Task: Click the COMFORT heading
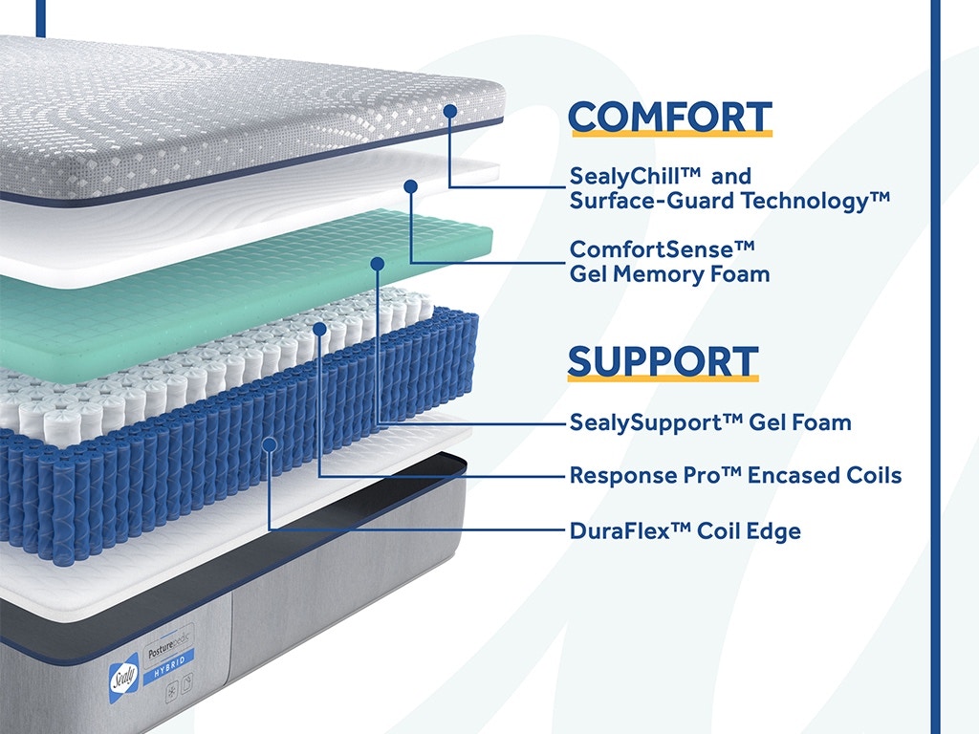(x=670, y=118)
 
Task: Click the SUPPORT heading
(x=664, y=362)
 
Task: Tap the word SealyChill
(x=635, y=177)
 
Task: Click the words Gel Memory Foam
(x=669, y=274)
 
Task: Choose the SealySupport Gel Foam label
(x=710, y=422)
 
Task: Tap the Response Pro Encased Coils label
(x=735, y=476)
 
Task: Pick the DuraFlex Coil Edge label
(x=685, y=531)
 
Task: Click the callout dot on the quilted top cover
(x=450, y=111)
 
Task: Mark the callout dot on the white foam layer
(x=410, y=186)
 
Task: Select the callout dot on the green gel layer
(x=377, y=264)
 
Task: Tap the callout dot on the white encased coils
(x=319, y=329)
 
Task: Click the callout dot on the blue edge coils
(x=270, y=444)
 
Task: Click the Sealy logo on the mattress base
(x=123, y=678)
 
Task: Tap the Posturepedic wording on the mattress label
(x=168, y=644)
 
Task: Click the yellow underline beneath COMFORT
(x=670, y=133)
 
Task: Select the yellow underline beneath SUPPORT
(x=664, y=378)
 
